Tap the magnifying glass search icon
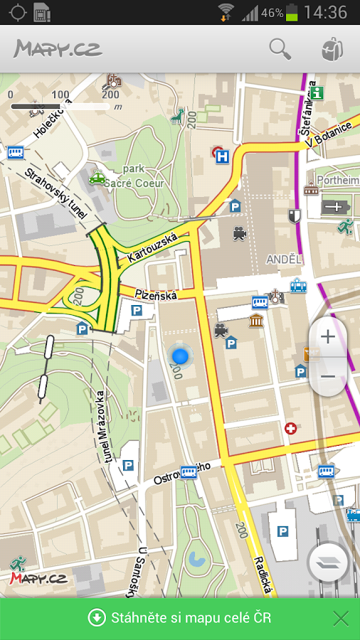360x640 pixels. pyautogui.click(x=280, y=49)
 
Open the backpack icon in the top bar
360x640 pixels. pyautogui.click(x=331, y=49)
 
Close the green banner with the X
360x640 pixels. pyautogui.click(x=341, y=618)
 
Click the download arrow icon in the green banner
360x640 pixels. pyautogui.click(x=96, y=617)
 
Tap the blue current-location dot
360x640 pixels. pyautogui.click(x=180, y=355)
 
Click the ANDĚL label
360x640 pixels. pyautogui.click(x=284, y=260)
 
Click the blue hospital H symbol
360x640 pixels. pyautogui.click(x=223, y=156)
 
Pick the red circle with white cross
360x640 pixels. pyautogui.click(x=290, y=428)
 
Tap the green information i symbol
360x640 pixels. pyautogui.click(x=317, y=92)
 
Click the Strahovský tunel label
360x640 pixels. pyautogui.click(x=55, y=193)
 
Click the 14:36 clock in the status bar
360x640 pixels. pyautogui.click(x=325, y=12)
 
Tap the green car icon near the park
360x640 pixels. pyautogui.click(x=97, y=178)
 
